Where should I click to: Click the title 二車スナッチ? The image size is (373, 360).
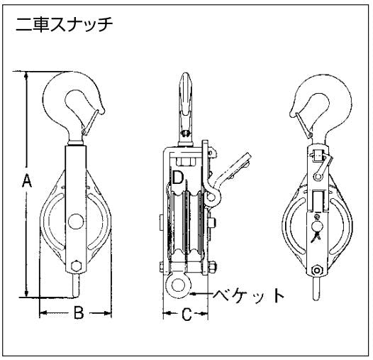pos(65,25)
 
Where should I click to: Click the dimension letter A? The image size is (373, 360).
pos(27,180)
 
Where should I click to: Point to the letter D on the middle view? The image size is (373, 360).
pos(178,178)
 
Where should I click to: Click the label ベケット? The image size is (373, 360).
pos(248,295)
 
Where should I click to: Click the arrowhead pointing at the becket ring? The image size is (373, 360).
pos(194,295)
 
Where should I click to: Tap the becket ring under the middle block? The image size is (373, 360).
pos(178,286)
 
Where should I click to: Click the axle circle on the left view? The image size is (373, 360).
pos(76,222)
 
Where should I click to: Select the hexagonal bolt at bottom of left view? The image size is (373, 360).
pos(77,266)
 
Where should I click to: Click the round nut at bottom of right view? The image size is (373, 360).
pos(317,271)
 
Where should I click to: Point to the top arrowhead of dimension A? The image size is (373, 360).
pos(26,75)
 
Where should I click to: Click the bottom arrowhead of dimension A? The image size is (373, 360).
pos(26,293)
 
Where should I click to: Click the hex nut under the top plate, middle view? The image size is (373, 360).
pos(187,161)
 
